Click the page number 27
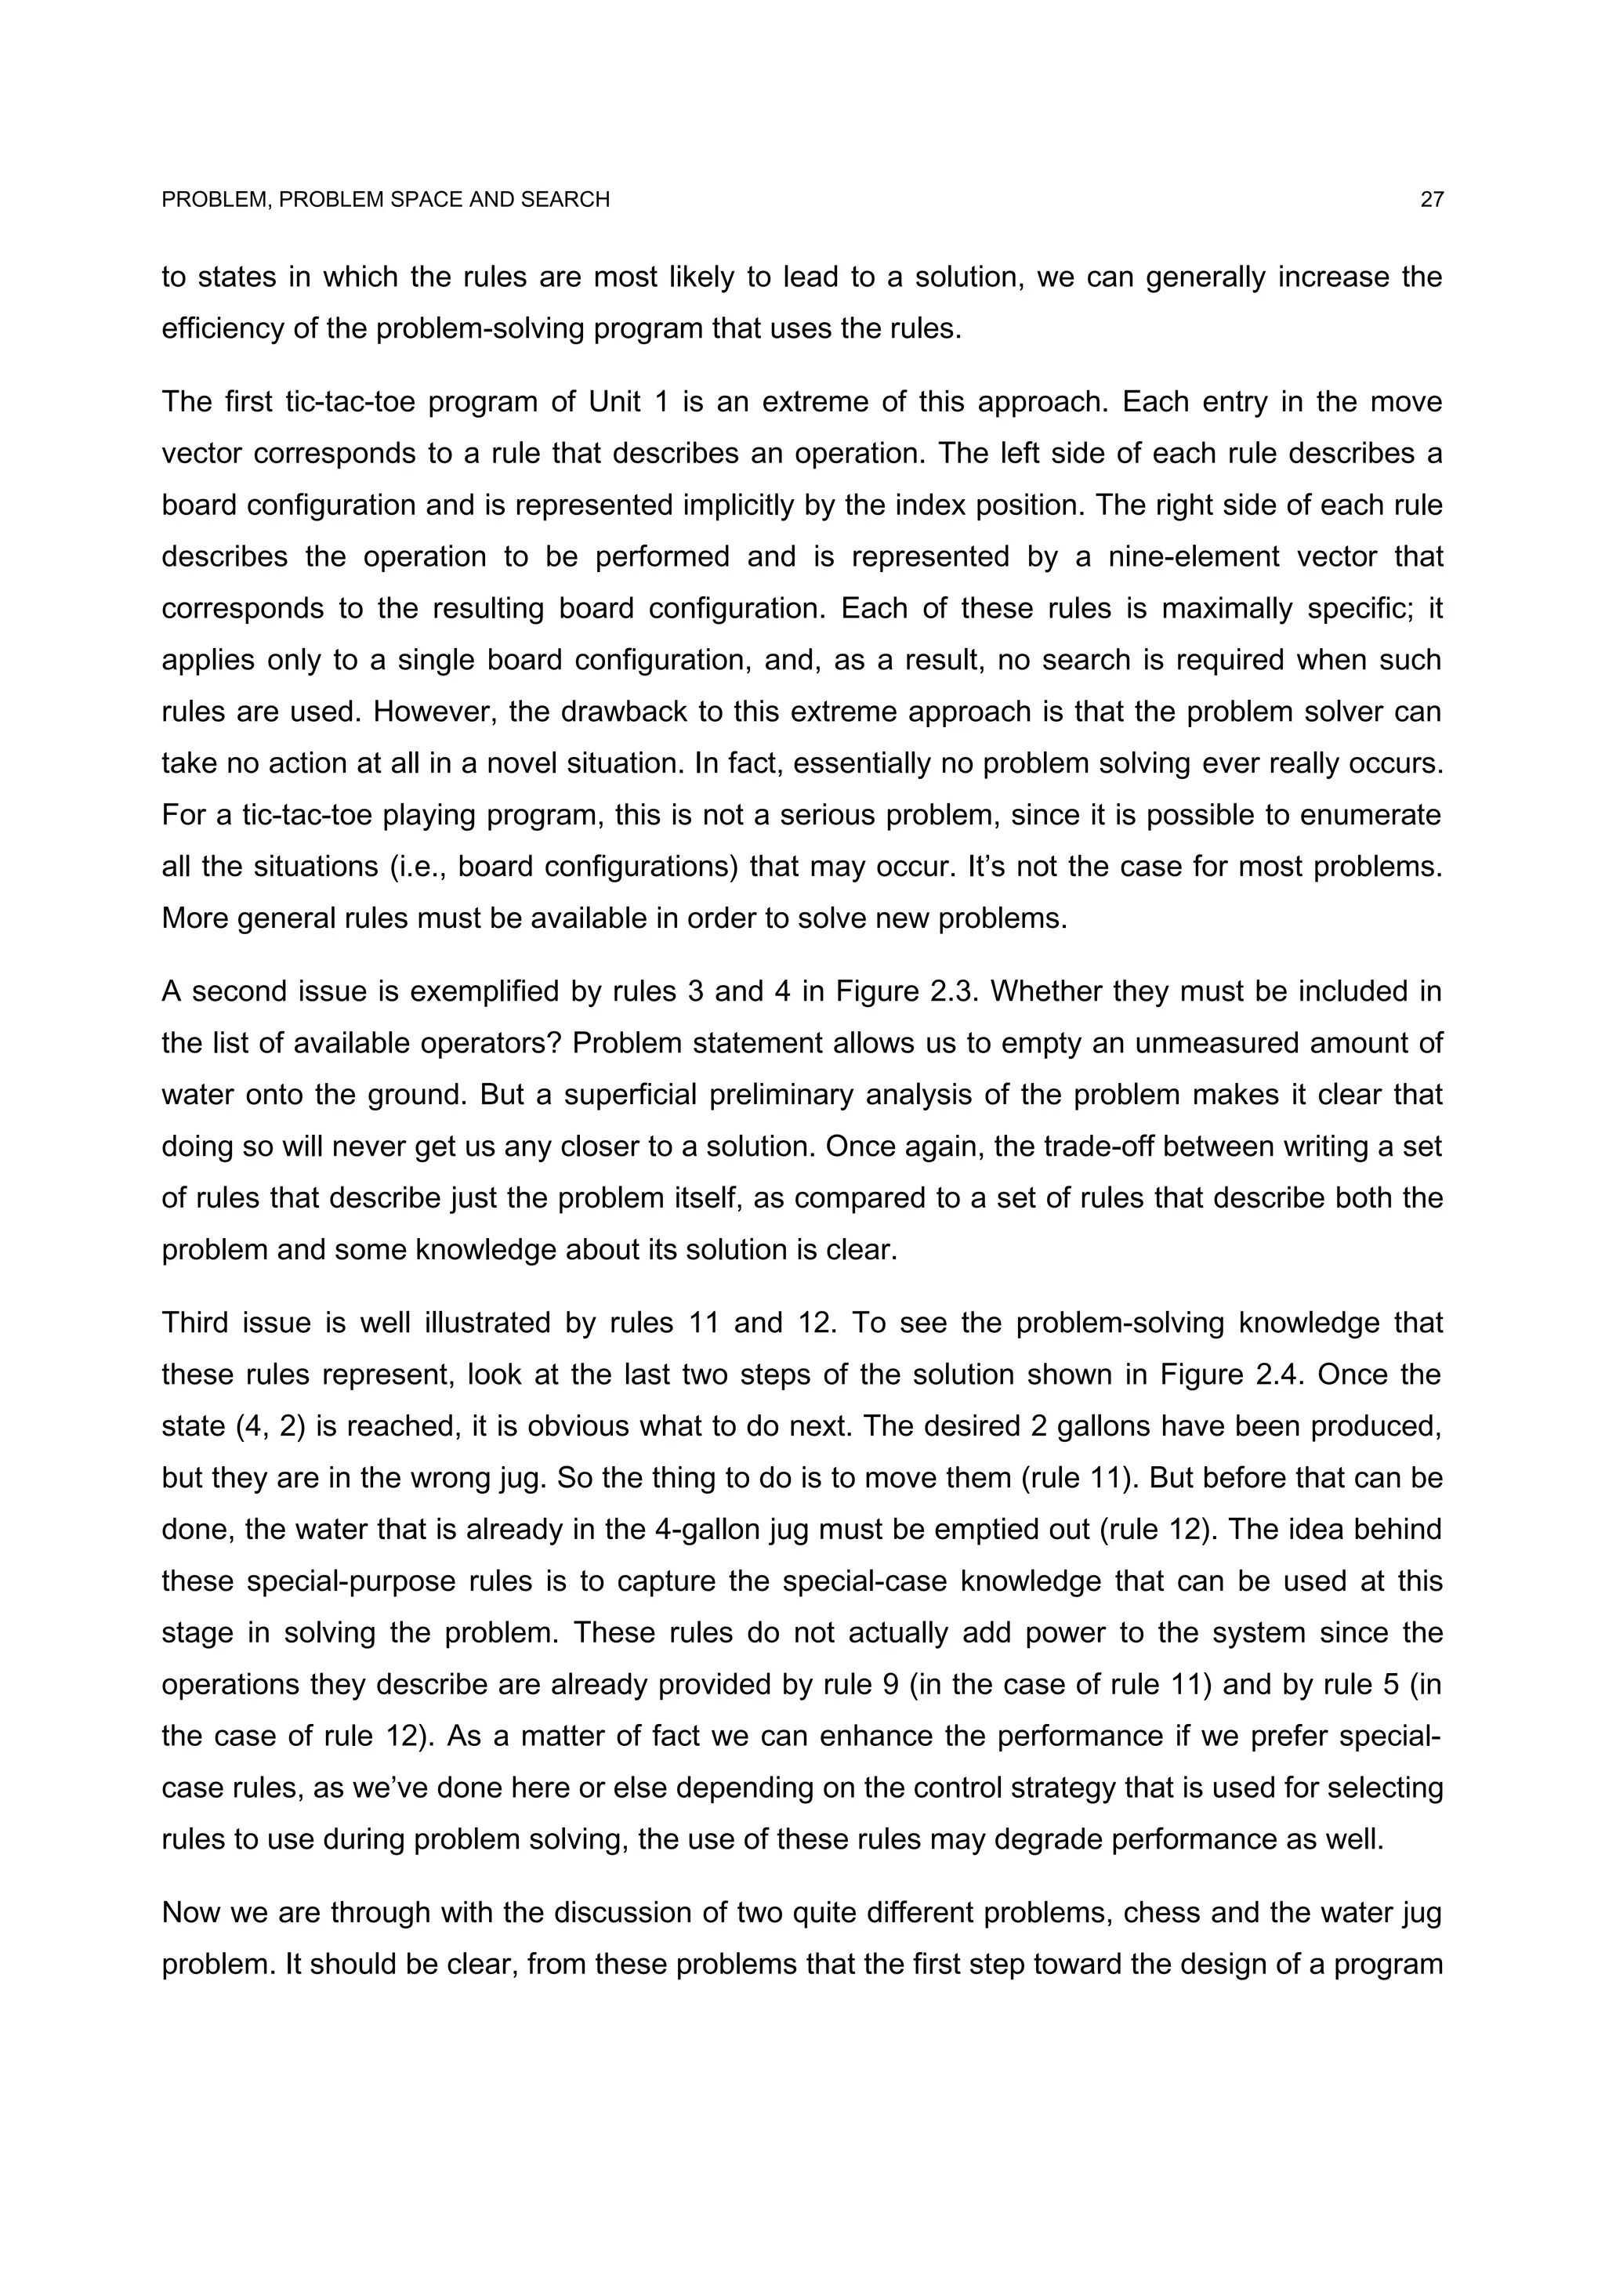pos(1431,200)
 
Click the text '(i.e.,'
pos(411,867)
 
